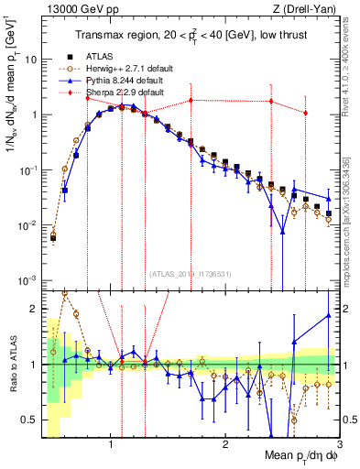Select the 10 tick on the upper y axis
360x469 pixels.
(x=32, y=60)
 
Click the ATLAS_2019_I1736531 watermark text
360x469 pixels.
(x=190, y=272)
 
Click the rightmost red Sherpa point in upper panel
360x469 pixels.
(x=306, y=113)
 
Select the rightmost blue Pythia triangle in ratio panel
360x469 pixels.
(x=328, y=316)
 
